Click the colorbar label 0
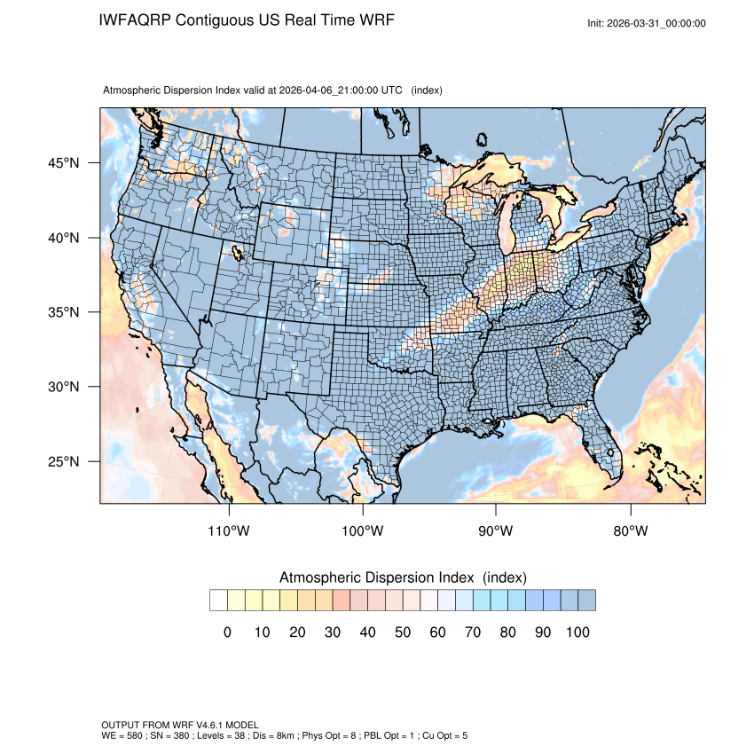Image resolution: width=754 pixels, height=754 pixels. (227, 632)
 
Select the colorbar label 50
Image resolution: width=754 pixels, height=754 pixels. (403, 632)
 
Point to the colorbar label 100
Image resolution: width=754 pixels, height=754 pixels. (577, 632)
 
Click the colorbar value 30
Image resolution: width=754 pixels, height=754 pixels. (333, 632)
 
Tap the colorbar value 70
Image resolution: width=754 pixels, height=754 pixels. (473, 632)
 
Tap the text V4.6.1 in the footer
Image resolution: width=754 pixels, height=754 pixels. (200, 726)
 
